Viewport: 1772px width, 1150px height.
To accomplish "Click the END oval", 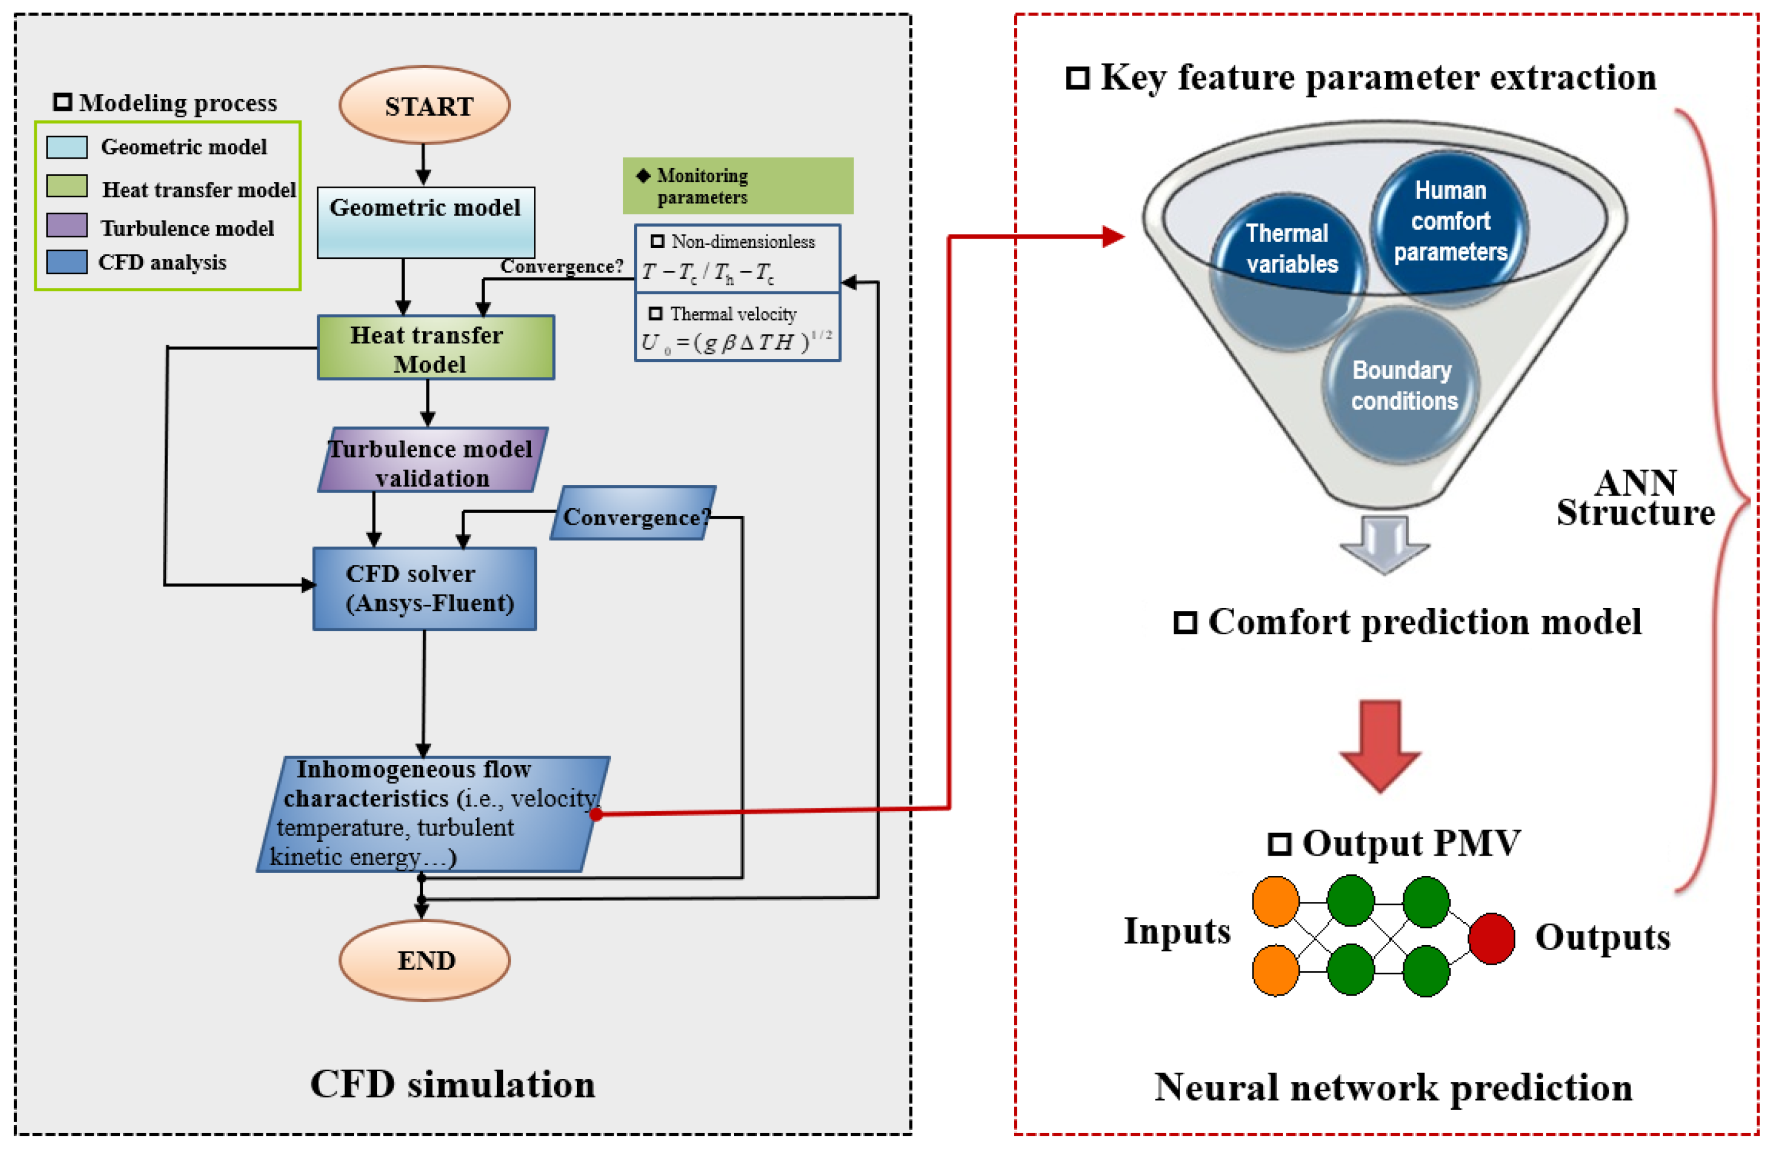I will pos(424,960).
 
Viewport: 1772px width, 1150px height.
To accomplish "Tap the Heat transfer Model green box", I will pos(436,348).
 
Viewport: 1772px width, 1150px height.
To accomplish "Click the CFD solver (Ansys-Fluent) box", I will pos(424,589).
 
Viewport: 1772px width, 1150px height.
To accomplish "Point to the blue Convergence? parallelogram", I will pos(633,514).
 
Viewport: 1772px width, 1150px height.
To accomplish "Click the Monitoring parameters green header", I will pos(737,185).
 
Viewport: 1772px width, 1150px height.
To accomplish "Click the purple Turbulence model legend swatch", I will pos(67,225).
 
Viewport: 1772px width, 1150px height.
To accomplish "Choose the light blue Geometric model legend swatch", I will pos(67,147).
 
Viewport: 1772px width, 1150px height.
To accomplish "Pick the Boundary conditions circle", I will pos(1402,385).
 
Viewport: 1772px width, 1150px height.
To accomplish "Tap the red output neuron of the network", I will pos(1491,939).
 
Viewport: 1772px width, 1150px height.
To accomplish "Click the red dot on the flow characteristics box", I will pos(597,814).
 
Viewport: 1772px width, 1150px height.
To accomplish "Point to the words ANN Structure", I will pos(1636,497).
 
